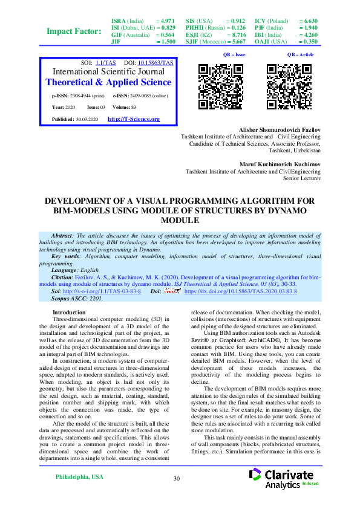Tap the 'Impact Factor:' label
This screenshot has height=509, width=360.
coord(74,31)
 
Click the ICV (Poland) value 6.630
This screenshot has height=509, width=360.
coord(308,21)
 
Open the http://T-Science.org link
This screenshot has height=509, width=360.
coord(133,119)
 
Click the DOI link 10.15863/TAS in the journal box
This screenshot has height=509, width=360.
coord(157,63)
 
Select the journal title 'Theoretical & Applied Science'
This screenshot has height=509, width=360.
coord(108,82)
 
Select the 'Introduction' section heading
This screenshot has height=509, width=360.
coord(69,313)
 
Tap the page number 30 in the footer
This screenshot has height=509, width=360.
coord(177,479)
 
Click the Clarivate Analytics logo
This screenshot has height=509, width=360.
coord(284,478)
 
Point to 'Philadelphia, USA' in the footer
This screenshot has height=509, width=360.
coord(79,477)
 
